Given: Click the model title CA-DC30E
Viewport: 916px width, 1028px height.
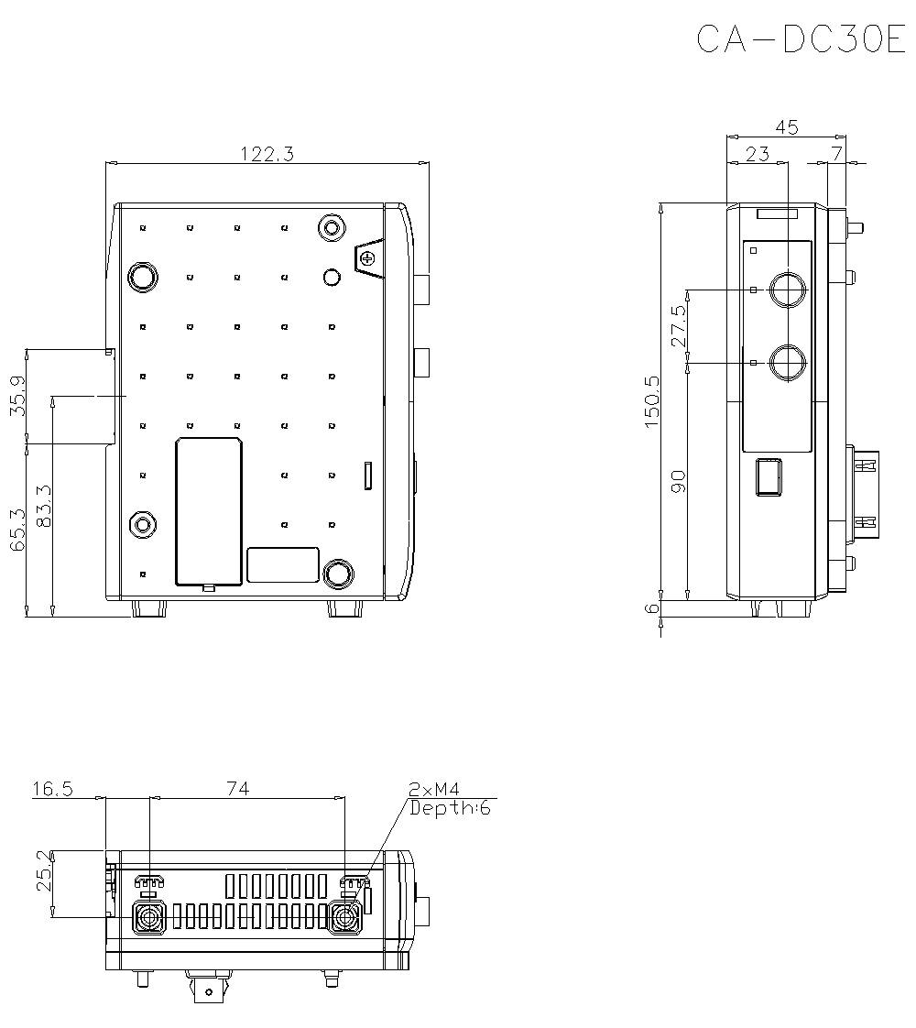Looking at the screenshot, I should (800, 39).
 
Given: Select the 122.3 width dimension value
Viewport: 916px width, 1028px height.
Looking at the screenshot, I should (267, 154).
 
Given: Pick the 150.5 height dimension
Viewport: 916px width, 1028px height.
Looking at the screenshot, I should (652, 401).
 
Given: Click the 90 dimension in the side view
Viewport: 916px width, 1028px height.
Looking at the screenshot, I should (679, 481).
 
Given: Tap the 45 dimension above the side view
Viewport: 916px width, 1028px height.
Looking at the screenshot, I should (786, 127).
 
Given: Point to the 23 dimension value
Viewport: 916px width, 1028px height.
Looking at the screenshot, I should (757, 154).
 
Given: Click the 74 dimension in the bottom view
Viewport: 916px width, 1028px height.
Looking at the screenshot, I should (239, 788).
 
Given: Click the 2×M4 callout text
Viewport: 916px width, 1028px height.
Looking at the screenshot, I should (434, 789).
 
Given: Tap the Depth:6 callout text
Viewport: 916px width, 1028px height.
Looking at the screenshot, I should (449, 808).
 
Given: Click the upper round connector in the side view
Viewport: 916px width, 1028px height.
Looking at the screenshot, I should (787, 290).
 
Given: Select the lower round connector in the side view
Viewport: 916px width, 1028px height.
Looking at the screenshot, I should (787, 363).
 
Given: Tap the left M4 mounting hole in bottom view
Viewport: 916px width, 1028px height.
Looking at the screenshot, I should (148, 916).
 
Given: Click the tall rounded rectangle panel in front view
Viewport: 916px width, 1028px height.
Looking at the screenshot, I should (209, 511).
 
